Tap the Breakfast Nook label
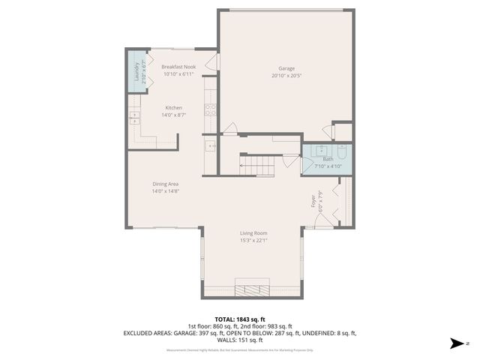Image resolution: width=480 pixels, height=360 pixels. (178, 67)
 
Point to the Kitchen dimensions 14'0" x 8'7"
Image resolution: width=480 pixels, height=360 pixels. (174, 115)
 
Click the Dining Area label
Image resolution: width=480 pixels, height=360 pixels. (165, 184)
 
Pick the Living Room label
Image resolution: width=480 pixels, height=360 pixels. (253, 233)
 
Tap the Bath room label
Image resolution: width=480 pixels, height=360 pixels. (328, 159)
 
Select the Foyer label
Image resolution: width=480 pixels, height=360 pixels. (313, 201)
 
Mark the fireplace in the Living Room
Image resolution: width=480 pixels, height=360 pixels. (253, 289)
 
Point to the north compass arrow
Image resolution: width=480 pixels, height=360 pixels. (454, 343)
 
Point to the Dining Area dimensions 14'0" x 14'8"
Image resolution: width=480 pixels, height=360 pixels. (165, 190)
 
